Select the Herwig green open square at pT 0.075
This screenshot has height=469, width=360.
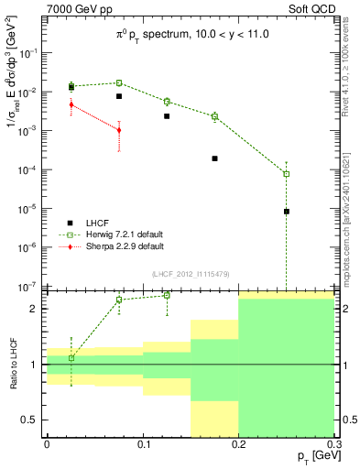tap(119, 82)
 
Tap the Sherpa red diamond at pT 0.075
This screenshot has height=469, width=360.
tap(119, 130)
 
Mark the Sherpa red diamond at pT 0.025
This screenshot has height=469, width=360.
tap(71, 104)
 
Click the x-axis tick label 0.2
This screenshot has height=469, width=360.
tap(238, 442)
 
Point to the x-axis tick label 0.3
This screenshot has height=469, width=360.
tap(332, 442)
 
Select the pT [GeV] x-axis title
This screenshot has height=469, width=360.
tap(312, 455)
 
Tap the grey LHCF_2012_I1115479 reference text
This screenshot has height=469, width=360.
tap(190, 274)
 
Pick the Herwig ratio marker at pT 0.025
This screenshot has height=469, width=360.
tap(71, 358)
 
